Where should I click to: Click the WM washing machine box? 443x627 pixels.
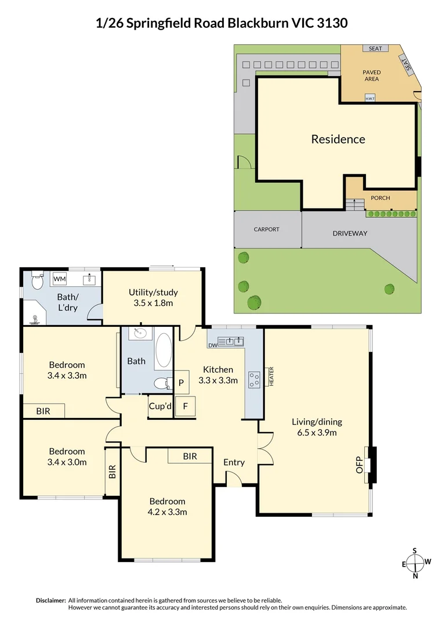[x=59, y=279]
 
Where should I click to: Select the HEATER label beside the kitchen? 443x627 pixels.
[x=271, y=377]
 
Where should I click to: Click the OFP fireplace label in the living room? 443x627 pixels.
[x=359, y=465]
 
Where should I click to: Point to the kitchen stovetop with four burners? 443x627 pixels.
[x=254, y=379]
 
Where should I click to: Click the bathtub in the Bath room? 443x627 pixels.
[x=164, y=349]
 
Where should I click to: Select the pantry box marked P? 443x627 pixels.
[x=181, y=383]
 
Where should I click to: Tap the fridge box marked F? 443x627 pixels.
[x=186, y=406]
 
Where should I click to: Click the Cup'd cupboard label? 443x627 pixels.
[x=160, y=406]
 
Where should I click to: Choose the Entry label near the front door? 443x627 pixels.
[x=234, y=462]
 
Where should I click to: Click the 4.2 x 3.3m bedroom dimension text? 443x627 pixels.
[x=167, y=511]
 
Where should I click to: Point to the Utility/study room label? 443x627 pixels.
[x=153, y=292]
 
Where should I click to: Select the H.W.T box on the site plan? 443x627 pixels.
[x=370, y=99]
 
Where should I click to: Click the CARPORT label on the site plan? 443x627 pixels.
[x=266, y=229]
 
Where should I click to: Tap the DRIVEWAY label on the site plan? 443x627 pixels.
[x=350, y=233]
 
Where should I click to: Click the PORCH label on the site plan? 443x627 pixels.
[x=380, y=198]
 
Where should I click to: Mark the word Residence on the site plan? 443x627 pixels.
[x=338, y=139]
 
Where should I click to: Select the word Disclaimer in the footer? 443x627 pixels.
[x=50, y=600]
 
